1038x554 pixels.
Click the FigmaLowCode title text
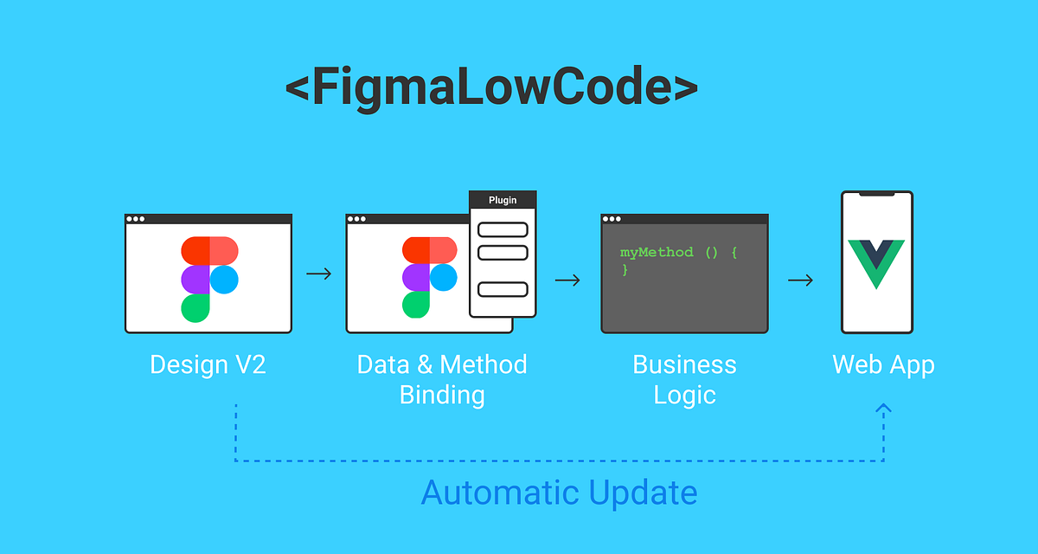491,88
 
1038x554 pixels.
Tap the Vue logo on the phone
876,262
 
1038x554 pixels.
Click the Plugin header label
503,200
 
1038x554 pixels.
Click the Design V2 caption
208,364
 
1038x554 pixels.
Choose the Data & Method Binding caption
442,379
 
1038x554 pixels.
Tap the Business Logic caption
684,379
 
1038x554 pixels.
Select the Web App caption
883,364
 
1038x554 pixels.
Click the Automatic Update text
559,493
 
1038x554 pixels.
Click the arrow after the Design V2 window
319,274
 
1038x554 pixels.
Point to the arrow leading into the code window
567,280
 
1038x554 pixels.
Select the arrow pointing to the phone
801,280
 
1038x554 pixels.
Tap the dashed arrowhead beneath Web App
883,409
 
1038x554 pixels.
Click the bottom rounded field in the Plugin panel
503,289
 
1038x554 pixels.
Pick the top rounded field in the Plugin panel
503,229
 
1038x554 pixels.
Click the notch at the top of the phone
876,195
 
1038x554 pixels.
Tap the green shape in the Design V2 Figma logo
195,308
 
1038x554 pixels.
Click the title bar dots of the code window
612,219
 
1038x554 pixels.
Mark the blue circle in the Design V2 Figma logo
224,279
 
